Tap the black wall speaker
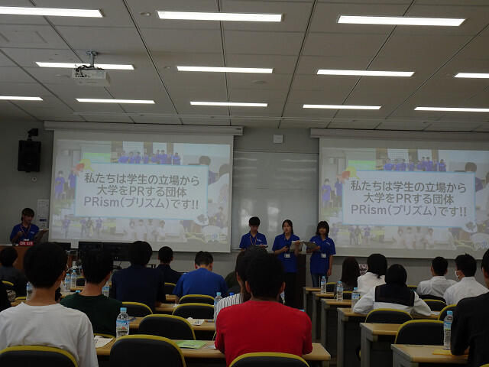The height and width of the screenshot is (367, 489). coord(29,156)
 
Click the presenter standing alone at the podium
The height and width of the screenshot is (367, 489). coord(25,226)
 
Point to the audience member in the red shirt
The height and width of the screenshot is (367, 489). coord(263,312)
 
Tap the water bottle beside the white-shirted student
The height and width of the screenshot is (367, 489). coord(122,322)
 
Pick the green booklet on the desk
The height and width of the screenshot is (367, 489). coord(191,344)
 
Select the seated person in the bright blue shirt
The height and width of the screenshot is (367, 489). coord(201,276)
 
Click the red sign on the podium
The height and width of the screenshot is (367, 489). coord(26,243)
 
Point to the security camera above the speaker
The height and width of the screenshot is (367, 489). coord(32,133)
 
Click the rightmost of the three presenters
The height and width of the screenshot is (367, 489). coord(322,253)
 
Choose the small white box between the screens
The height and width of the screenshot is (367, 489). coord(278,138)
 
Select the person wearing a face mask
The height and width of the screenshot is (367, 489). coord(465,278)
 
